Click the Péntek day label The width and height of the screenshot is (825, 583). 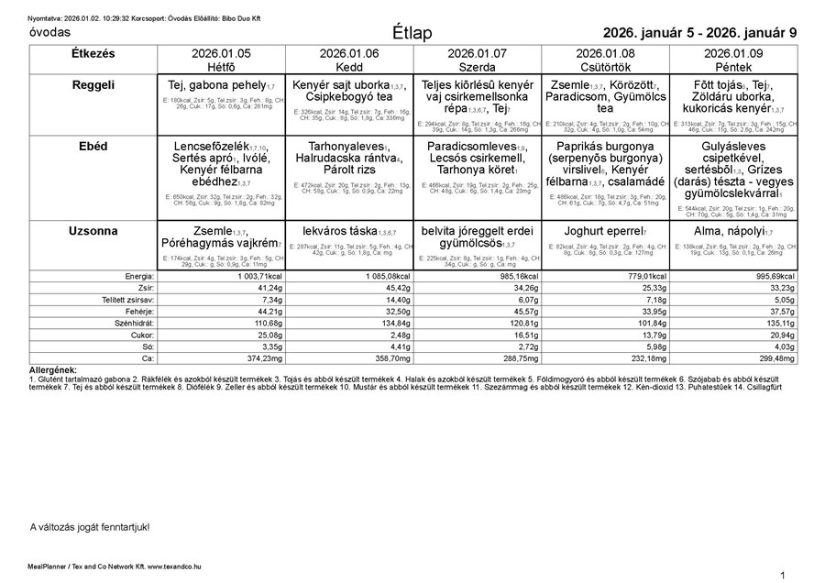tap(733, 67)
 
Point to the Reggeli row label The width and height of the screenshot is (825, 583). tap(93, 85)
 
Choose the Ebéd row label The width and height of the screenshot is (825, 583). tap(93, 146)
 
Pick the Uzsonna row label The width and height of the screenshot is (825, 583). tap(93, 231)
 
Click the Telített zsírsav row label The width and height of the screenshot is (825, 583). tap(127, 300)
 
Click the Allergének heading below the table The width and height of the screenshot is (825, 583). tap(53, 368)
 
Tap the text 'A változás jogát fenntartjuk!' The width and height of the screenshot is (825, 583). tap(90, 527)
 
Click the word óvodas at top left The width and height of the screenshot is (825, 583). tap(50, 32)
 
